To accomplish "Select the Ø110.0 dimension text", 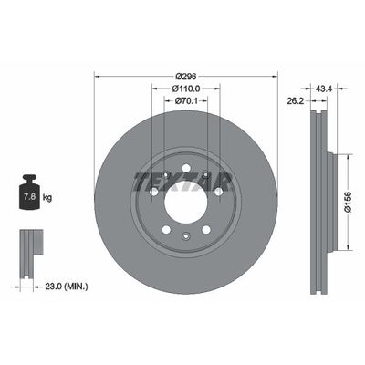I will point(186,88).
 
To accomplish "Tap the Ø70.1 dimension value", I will point(186,102).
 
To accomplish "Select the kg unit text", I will point(48,196).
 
